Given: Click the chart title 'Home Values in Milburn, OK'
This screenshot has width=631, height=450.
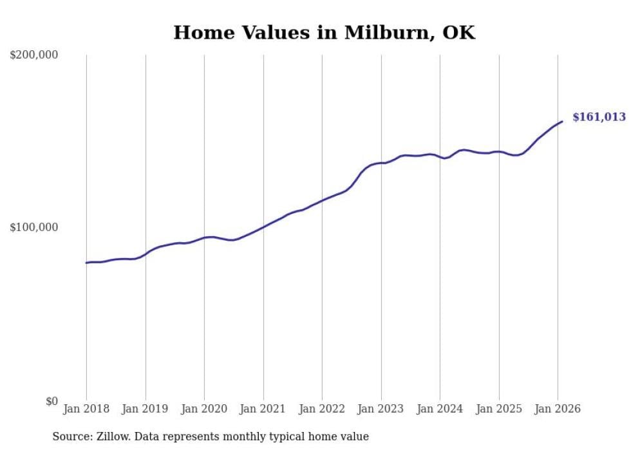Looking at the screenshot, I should (x=324, y=33).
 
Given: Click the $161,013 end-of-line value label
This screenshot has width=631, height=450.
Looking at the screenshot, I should (x=599, y=117).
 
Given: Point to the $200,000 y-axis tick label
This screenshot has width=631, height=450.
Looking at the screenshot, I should (x=34, y=55).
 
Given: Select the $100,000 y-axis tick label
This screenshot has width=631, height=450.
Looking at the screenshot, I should (x=34, y=228).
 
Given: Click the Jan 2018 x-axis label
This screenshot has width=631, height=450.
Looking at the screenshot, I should (x=86, y=409).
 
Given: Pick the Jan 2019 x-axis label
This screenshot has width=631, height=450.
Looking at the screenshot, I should (x=146, y=409).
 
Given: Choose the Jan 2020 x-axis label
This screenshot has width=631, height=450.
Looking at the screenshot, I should (x=204, y=409).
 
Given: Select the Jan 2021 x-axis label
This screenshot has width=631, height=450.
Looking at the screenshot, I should (x=263, y=409).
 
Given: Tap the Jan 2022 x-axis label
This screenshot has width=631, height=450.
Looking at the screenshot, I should (x=322, y=409).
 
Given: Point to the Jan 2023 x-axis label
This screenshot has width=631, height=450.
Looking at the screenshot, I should (x=381, y=409).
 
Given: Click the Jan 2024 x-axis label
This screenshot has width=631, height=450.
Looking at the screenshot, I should (x=440, y=409).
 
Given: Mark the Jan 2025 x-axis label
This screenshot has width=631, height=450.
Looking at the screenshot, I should (x=499, y=409).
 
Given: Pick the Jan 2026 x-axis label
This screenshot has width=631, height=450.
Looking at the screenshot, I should (x=558, y=409).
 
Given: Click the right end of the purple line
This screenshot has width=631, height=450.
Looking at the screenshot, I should (x=562, y=121).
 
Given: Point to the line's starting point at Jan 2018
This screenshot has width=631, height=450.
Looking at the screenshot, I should (x=86, y=263).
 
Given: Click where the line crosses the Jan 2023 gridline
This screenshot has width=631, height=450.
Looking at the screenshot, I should (x=381, y=163).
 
